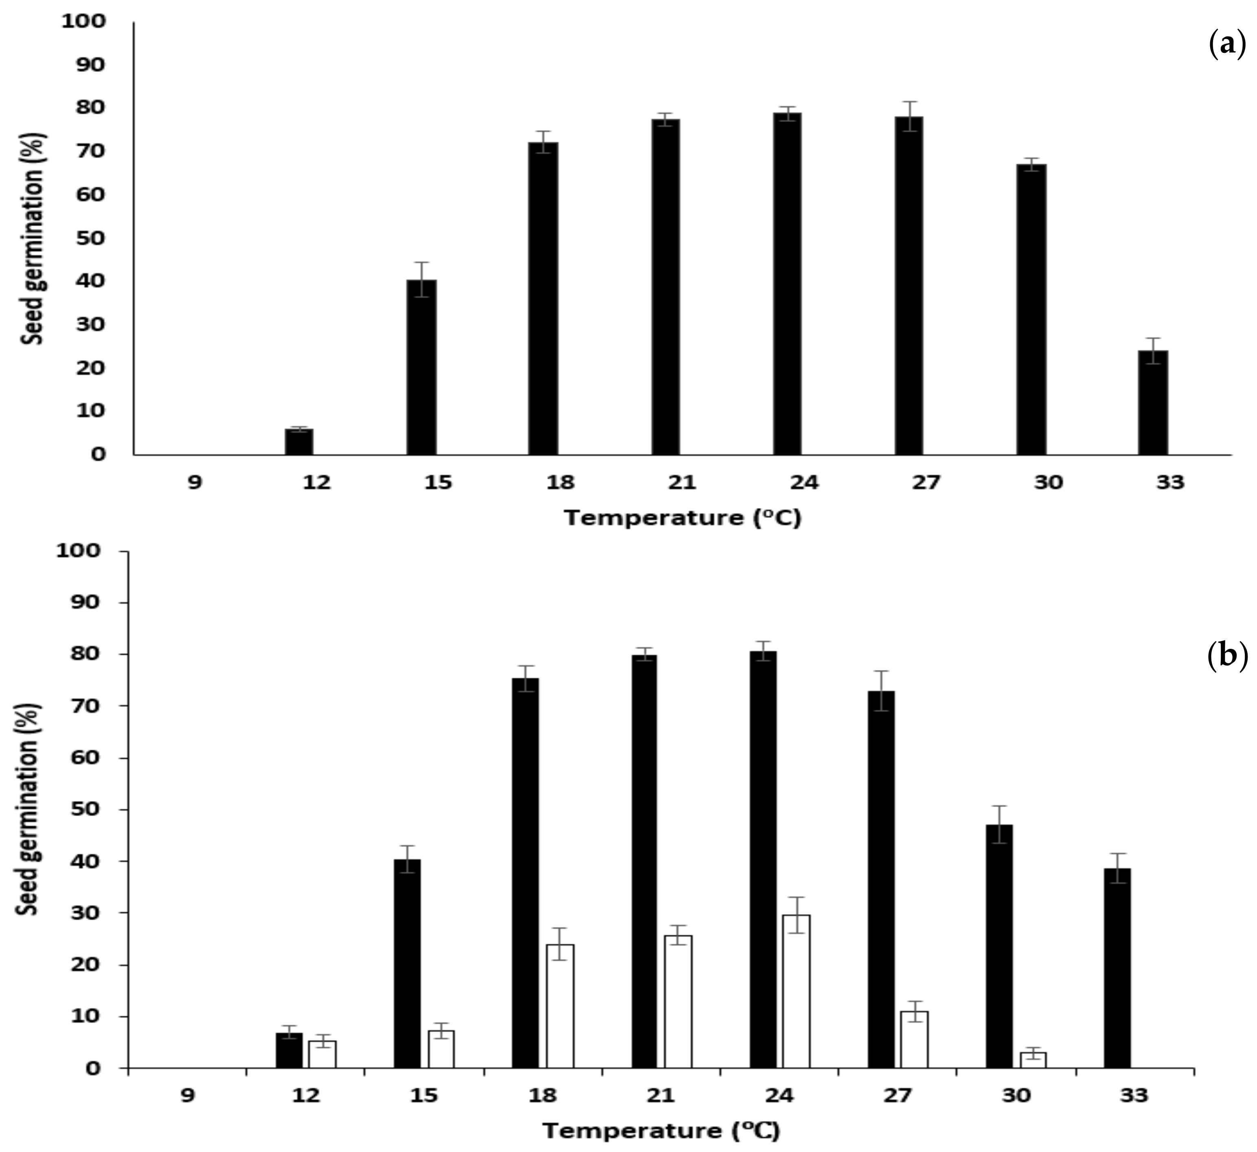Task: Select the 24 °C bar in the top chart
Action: pos(787,284)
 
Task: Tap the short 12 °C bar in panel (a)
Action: pos(299,441)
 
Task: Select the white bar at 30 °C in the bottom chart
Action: pos(1033,1060)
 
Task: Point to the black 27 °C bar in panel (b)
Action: pos(881,879)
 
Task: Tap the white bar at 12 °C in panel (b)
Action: pos(322,1054)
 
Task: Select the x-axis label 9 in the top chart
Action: pos(195,482)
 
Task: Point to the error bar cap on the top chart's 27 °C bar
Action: pos(909,102)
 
